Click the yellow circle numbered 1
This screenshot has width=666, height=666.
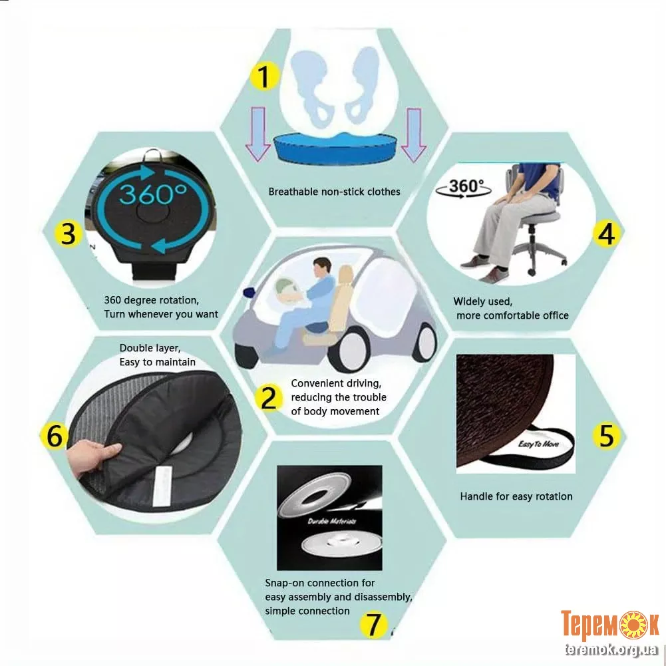pos(264,77)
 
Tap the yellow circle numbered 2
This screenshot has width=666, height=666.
pos(268,398)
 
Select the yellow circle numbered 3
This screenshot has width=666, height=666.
pos(69,234)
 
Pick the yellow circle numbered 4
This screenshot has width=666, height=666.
pos(607,234)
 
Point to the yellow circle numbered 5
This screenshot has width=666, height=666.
pos(607,435)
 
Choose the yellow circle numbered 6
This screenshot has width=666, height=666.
pos(54,435)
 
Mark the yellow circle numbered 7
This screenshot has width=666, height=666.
pos(373,625)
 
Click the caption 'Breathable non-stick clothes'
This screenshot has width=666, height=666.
pos(334,192)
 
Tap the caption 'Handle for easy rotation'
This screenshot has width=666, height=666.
pos(516,496)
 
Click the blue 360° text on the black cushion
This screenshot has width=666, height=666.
pos(152,194)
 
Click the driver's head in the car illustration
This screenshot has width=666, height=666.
pos(322,267)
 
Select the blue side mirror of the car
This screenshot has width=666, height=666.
pos(249,292)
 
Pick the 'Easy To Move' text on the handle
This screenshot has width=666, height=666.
pos(538,444)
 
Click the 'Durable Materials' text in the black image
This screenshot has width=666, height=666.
pos(332,521)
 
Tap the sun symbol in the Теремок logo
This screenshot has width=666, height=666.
pos(633,624)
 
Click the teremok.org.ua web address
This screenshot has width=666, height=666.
pos(611,649)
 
